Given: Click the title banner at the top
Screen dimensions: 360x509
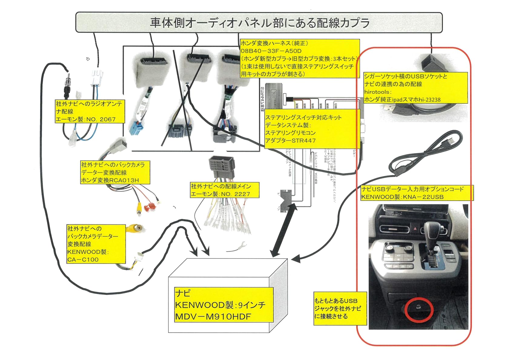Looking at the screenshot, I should (259, 23).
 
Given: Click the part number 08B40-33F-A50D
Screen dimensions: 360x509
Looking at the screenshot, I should (271, 51).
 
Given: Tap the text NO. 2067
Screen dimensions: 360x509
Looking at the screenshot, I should (101, 119).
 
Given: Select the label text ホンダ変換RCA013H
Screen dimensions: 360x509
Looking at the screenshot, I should (110, 180).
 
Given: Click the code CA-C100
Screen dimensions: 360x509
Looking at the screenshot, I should (83, 260).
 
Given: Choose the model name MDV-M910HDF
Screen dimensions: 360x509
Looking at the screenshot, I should (213, 317).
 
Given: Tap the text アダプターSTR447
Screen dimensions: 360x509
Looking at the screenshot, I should (290, 141).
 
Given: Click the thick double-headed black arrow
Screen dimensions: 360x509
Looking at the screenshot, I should (284, 230).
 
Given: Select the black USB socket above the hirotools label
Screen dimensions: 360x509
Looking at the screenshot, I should (431, 62).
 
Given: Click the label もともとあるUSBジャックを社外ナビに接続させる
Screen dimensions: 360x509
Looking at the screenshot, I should (340, 308).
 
